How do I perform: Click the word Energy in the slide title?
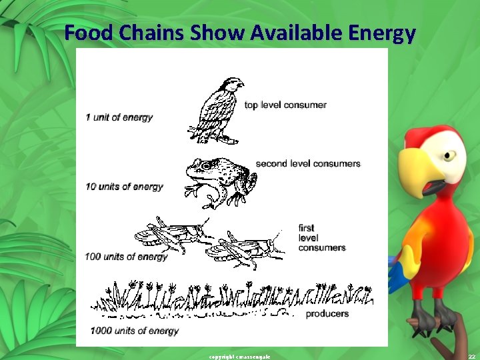[379, 33]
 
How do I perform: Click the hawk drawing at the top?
[217, 110]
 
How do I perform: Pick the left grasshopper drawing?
[170, 235]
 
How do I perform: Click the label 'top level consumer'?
[285, 105]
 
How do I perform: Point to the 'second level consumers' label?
[308, 163]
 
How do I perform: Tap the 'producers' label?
[327, 313]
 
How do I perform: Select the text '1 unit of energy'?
[119, 117]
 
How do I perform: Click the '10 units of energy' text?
[124, 186]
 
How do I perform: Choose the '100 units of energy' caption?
[126, 257]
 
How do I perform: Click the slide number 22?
[471, 356]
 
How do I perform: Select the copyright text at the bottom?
[239, 357]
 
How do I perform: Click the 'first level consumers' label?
[322, 238]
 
